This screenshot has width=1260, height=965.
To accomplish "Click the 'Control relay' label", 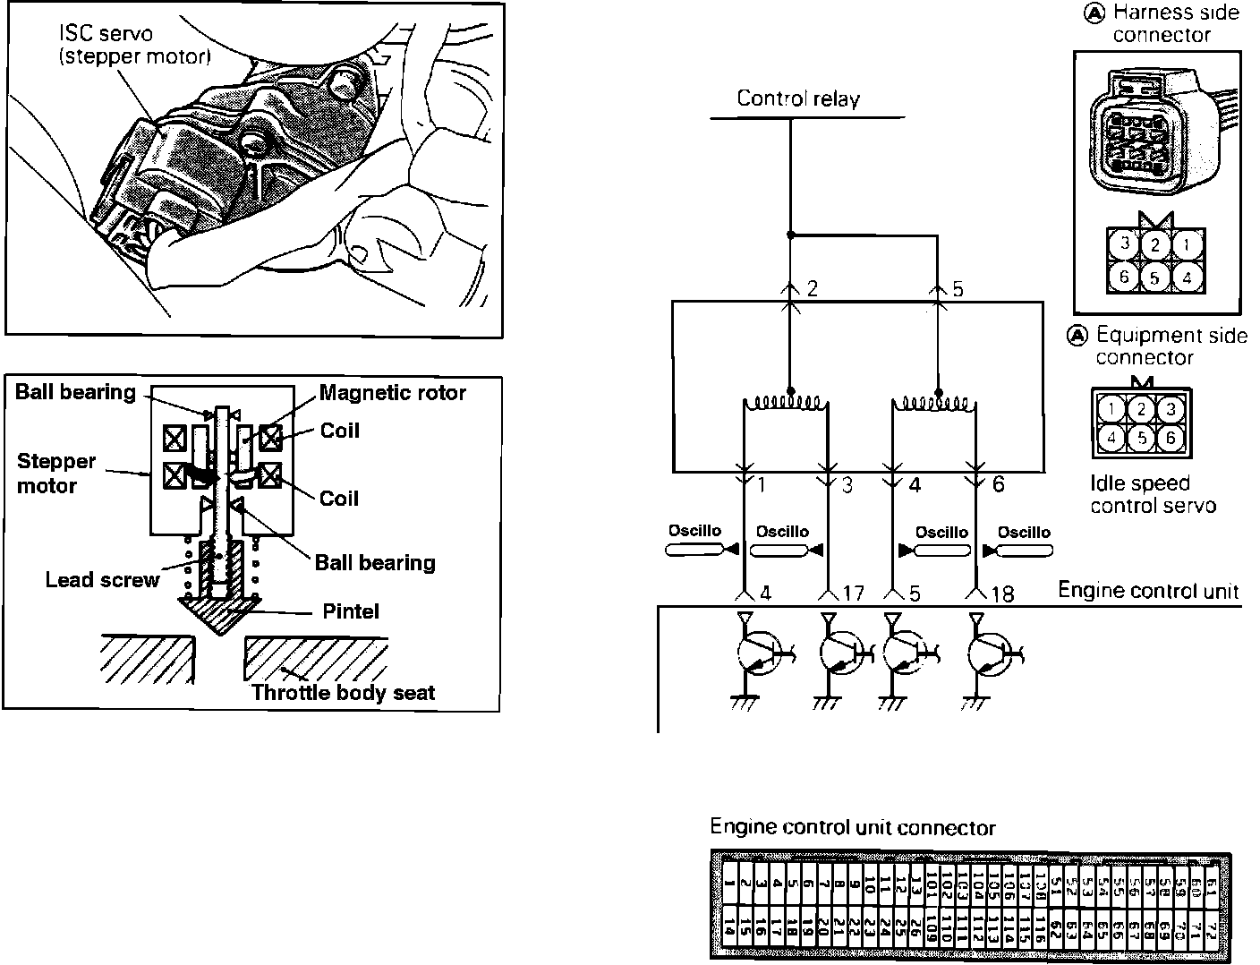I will [797, 98].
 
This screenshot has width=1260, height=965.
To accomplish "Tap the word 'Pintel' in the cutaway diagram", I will [351, 612].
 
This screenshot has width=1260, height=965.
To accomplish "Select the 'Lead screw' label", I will [102, 580].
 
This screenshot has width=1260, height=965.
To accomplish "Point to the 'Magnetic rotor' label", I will [392, 393].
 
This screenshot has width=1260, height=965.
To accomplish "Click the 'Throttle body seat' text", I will [343, 692].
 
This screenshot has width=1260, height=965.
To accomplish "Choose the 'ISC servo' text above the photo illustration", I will [106, 34].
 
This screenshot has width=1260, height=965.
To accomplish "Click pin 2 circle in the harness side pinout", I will [1155, 245].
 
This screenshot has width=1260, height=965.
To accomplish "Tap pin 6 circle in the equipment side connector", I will [1171, 439].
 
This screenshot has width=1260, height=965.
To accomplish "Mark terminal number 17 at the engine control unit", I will [853, 594].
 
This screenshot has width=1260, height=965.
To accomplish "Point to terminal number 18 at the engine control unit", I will [1002, 594].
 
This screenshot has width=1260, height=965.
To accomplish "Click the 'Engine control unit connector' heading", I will [852, 828].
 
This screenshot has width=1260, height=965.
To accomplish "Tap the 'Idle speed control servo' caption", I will [1152, 494].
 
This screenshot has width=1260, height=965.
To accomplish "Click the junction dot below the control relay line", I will [790, 235].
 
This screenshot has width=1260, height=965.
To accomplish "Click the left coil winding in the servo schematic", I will [786, 404].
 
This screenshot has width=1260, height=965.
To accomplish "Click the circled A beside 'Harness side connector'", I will [1094, 14].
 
